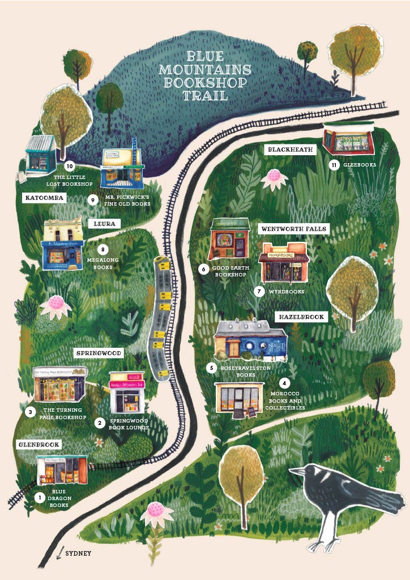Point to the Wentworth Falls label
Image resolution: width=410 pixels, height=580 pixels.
[294, 229]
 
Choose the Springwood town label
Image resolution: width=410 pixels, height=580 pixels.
[99, 353]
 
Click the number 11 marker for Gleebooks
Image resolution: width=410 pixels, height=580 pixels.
[334, 165]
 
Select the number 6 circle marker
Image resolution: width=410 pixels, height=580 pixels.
[203, 270]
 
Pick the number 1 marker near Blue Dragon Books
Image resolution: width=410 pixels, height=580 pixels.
[39, 498]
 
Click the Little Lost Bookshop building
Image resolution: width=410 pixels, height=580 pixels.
[41, 155]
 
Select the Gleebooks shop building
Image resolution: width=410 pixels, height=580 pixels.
[348, 138]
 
